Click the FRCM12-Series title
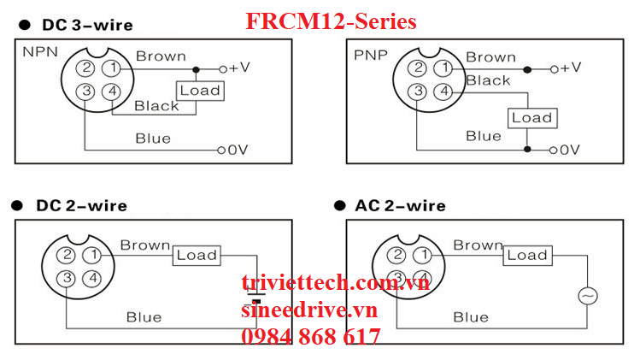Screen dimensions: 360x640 coord(331,21)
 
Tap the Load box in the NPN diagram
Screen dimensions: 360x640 coord(199,90)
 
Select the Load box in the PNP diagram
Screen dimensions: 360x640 coord(531,118)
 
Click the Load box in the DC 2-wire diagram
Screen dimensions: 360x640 coord(197,255)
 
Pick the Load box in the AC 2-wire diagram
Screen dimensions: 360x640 coord(526,255)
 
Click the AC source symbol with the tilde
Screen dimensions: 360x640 coord(587,296)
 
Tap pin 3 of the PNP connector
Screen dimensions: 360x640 coord(416,92)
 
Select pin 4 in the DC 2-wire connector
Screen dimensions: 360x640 coord(93,278)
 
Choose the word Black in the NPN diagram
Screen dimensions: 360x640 coord(157,106)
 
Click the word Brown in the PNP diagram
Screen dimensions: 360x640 coord(490,57)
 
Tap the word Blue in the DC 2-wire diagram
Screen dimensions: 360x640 coord(144,317)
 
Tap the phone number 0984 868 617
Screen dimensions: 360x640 coord(311,337)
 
